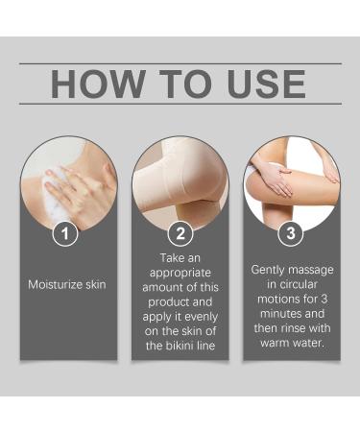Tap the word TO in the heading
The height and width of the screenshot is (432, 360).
coord(186,84)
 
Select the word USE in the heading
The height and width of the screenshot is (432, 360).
coord(263,84)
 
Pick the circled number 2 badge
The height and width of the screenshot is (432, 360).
coord(180,233)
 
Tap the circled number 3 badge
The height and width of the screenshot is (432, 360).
coord(291,233)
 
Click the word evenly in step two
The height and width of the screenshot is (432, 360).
coord(200,314)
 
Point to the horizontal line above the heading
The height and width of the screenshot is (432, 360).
coord(180,63)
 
